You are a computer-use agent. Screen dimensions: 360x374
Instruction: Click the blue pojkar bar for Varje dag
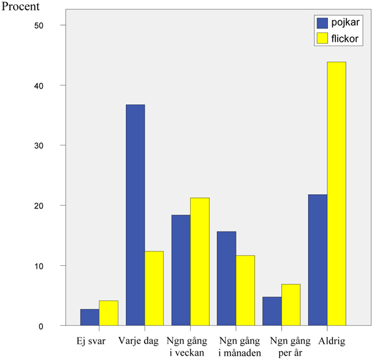(x=135, y=215)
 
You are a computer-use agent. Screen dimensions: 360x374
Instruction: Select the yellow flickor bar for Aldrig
(x=337, y=193)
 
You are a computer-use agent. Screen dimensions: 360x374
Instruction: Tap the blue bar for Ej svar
(x=90, y=318)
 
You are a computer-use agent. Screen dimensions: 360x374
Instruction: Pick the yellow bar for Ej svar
(x=108, y=313)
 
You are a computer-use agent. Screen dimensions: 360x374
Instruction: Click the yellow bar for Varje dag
(x=154, y=288)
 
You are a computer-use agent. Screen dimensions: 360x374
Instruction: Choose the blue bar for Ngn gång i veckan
(x=181, y=270)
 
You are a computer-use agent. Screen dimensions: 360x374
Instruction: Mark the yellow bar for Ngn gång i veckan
(x=199, y=261)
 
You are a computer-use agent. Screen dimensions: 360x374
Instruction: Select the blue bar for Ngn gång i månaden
(x=226, y=278)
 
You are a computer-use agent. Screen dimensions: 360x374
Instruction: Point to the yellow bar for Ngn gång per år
(x=290, y=305)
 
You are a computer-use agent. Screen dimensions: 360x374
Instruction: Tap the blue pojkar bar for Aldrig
(x=318, y=260)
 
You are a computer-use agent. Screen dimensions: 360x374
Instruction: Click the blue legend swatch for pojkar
(x=322, y=23)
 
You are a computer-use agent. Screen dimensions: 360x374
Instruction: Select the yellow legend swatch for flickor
(x=322, y=38)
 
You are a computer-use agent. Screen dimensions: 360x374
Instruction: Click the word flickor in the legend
(x=344, y=38)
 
